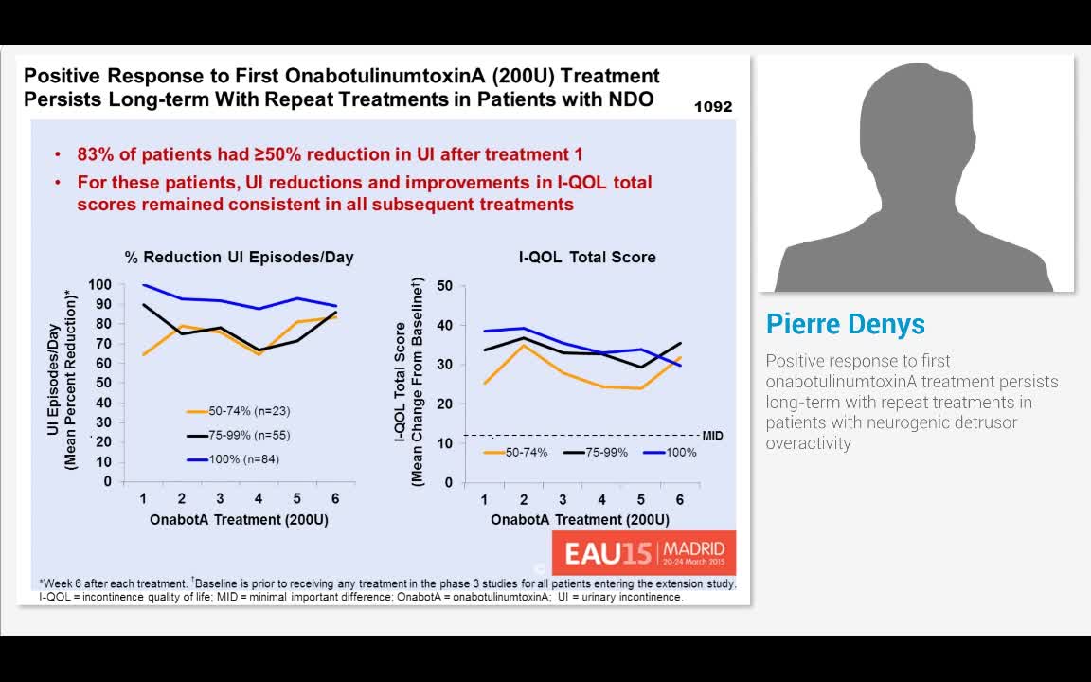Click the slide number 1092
coord(712,107)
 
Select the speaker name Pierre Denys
coord(845,324)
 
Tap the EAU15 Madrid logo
coord(644,552)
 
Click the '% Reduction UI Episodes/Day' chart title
coord(239,257)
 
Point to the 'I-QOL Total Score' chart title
coord(587,257)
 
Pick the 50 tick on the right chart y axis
coord(445,286)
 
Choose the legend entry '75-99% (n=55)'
coord(238,435)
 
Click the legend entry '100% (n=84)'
coord(233,459)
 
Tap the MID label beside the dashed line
coord(712,436)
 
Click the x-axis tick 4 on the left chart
coord(259,499)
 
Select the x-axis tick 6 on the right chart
coord(679,500)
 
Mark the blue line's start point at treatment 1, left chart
coord(144,284)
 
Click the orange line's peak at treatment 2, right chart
coord(524,345)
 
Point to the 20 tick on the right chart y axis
coord(445,404)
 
